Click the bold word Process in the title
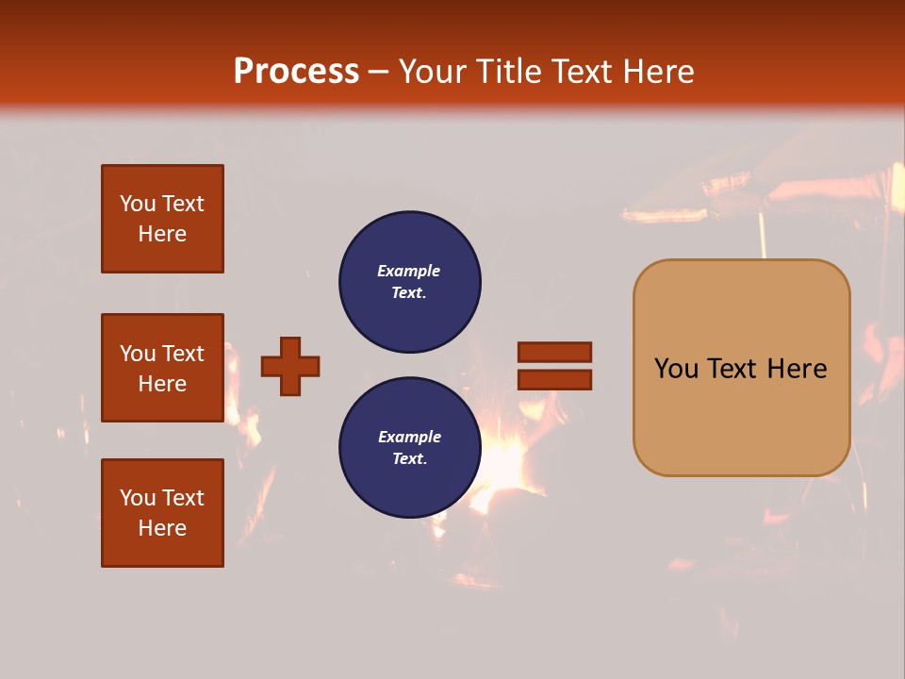[x=296, y=72]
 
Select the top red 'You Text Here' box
[x=162, y=219]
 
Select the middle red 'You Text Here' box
[x=162, y=368]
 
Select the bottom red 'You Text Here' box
[x=162, y=513]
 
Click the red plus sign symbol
[x=290, y=366]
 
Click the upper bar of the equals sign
[x=554, y=352]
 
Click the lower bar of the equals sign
[x=554, y=380]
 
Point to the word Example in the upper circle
[x=409, y=271]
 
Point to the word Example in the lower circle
[x=409, y=437]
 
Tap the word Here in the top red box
[x=162, y=234]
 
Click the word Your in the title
[x=433, y=72]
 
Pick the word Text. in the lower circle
[x=409, y=459]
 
